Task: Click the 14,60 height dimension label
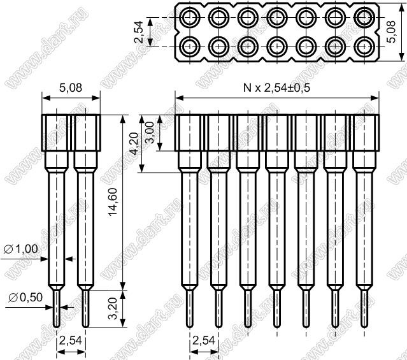click(113, 202)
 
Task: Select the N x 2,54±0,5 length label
click(276, 88)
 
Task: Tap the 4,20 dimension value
click(134, 143)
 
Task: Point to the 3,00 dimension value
click(151, 133)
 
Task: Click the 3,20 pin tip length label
click(113, 308)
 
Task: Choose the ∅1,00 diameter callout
click(21, 249)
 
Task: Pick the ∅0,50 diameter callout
click(25, 297)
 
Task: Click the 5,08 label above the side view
click(71, 88)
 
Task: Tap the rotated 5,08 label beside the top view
click(391, 32)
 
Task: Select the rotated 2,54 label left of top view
click(139, 32)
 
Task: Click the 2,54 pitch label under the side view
click(71, 340)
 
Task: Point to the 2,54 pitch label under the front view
click(204, 340)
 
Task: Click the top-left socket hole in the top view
click(190, 18)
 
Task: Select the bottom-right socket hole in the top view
click(364, 47)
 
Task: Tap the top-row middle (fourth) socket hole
click(278, 18)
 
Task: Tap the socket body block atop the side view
click(71, 133)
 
